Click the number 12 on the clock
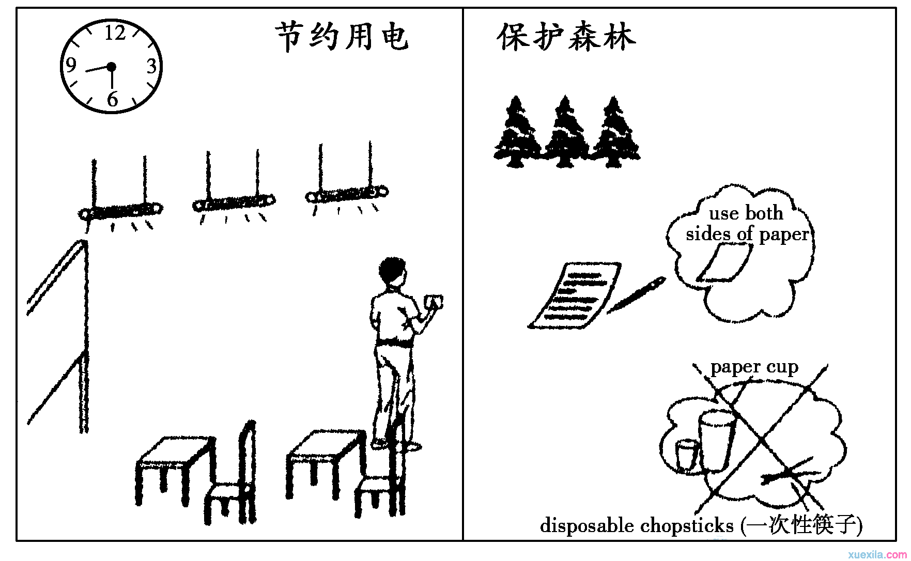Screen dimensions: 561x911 pyautogui.click(x=115, y=34)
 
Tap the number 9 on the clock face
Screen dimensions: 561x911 pyautogui.click(x=71, y=65)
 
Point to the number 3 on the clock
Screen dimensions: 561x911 pyautogui.click(x=151, y=66)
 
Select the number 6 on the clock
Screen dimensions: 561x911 pyautogui.click(x=112, y=99)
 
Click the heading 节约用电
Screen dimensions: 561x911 pyautogui.click(x=342, y=37)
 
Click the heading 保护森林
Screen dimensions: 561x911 pyautogui.click(x=566, y=37)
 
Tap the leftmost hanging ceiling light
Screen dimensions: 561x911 pyautogui.click(x=121, y=211)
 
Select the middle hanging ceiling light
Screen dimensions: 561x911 pyautogui.click(x=234, y=203)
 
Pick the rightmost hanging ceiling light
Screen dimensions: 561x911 pyautogui.click(x=346, y=195)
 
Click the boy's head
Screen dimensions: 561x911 pyautogui.click(x=392, y=271)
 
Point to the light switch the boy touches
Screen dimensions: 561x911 pyautogui.click(x=433, y=301)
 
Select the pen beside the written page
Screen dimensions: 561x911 pyautogui.click(x=636, y=295)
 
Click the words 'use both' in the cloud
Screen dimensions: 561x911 pyautogui.click(x=746, y=213)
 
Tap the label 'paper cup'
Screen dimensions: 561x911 pyautogui.click(x=754, y=367)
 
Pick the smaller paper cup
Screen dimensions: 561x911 pyautogui.click(x=687, y=455)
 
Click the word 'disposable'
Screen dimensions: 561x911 pyautogui.click(x=587, y=526)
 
